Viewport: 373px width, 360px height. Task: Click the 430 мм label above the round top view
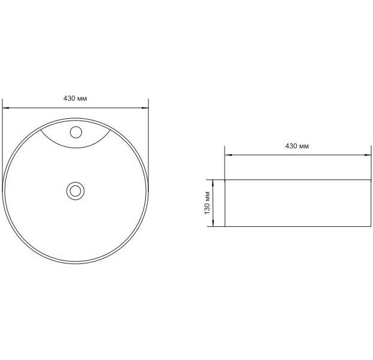[x=75, y=98]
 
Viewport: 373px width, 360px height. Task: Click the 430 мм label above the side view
[x=297, y=146]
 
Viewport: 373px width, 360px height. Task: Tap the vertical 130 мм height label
[x=207, y=203]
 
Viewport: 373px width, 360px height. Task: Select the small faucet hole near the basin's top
[x=76, y=132]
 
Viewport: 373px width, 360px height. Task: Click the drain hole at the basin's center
[x=76, y=191]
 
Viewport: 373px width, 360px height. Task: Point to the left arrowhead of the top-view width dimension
[x=5, y=108]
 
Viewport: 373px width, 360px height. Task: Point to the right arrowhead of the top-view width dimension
[x=145, y=108]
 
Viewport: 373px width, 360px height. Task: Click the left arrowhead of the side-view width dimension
[x=228, y=155]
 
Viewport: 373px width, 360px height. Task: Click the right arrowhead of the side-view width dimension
[x=368, y=155]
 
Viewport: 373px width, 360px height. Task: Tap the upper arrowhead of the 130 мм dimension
[x=213, y=183]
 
